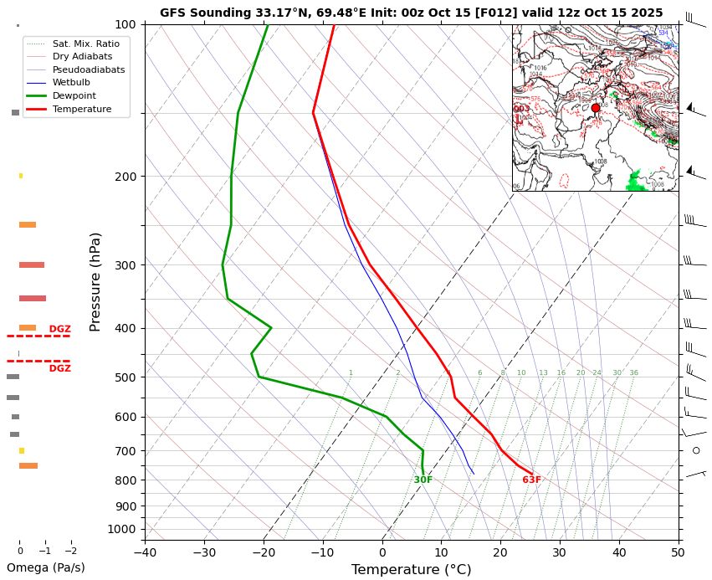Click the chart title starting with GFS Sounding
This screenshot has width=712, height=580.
point(411,13)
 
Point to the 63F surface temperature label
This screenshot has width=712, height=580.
point(531,480)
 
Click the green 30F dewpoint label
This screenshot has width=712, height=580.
point(423,480)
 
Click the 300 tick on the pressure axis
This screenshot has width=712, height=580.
point(125,265)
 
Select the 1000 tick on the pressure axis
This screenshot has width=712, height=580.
point(123,529)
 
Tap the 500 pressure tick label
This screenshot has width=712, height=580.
point(125,377)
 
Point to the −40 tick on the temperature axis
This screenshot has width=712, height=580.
point(145,552)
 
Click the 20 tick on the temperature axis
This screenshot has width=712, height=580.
point(500,552)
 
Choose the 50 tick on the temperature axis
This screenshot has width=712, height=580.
point(679,552)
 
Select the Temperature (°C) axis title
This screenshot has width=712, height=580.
point(411,570)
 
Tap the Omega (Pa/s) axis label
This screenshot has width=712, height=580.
point(46,567)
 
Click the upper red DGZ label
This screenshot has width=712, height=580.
point(59,330)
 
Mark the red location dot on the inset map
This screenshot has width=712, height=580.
point(596,108)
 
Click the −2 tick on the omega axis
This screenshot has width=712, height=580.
point(70,552)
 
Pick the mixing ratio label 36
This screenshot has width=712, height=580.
point(633,373)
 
